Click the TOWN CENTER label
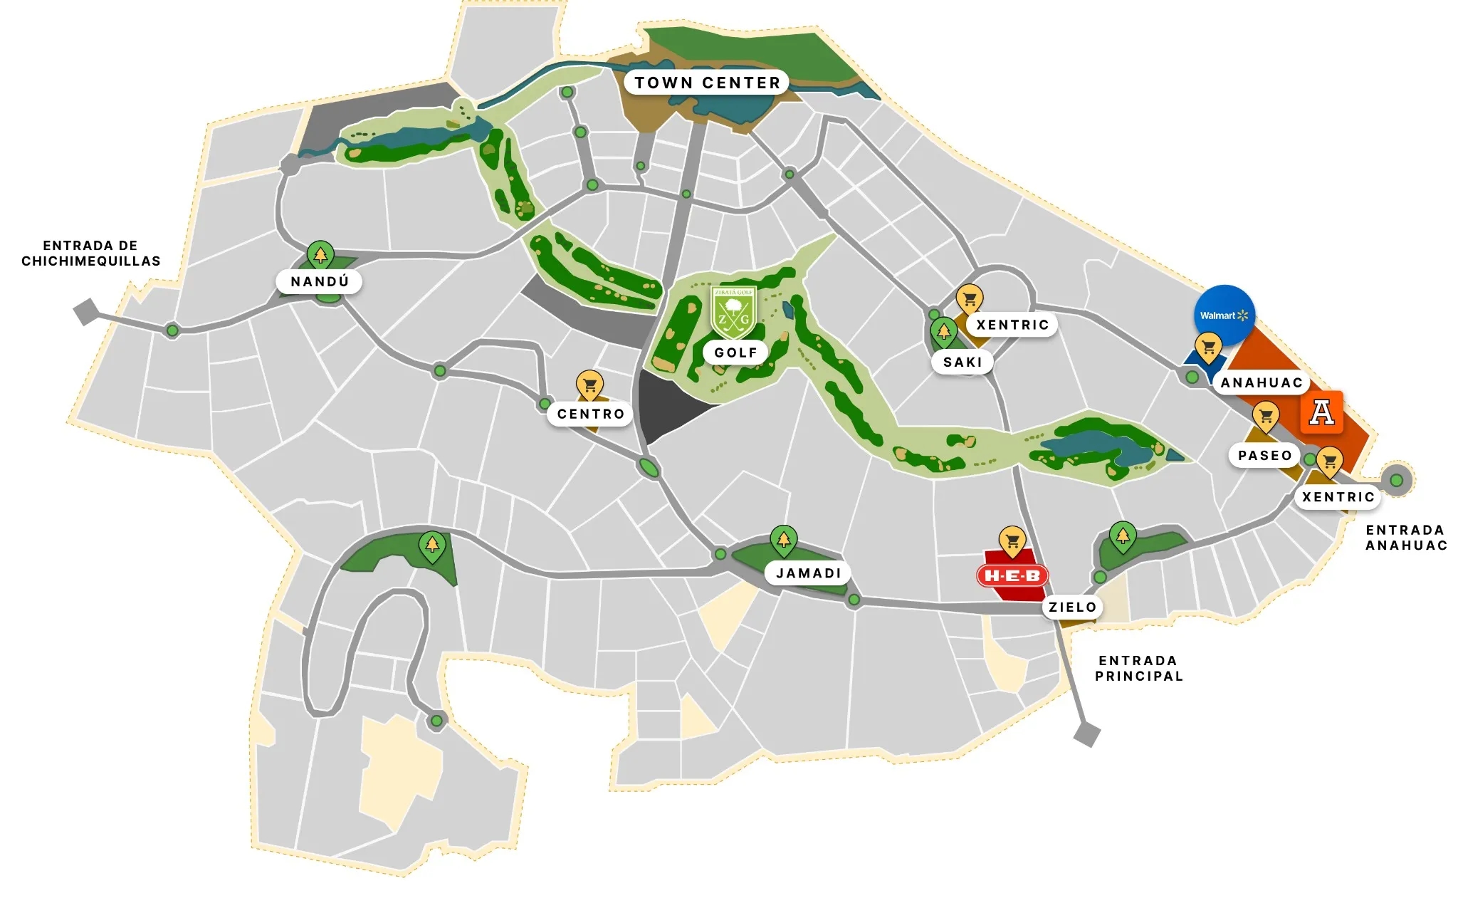(x=707, y=83)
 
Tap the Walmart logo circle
(x=1224, y=315)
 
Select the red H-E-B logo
(x=1012, y=575)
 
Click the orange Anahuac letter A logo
(x=1321, y=412)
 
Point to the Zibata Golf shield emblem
(x=733, y=311)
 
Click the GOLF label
(x=735, y=353)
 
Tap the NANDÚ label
(x=320, y=281)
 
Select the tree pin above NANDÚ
(x=320, y=254)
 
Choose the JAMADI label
(x=808, y=573)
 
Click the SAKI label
(x=963, y=362)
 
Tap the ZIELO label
(x=1072, y=607)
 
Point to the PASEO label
(x=1264, y=455)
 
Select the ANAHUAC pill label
(x=1261, y=382)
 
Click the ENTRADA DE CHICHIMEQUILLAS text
(x=90, y=254)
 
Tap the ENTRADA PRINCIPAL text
(x=1138, y=668)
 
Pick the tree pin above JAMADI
(x=783, y=540)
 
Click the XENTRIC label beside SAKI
(x=1012, y=325)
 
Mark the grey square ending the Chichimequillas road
(x=86, y=311)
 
